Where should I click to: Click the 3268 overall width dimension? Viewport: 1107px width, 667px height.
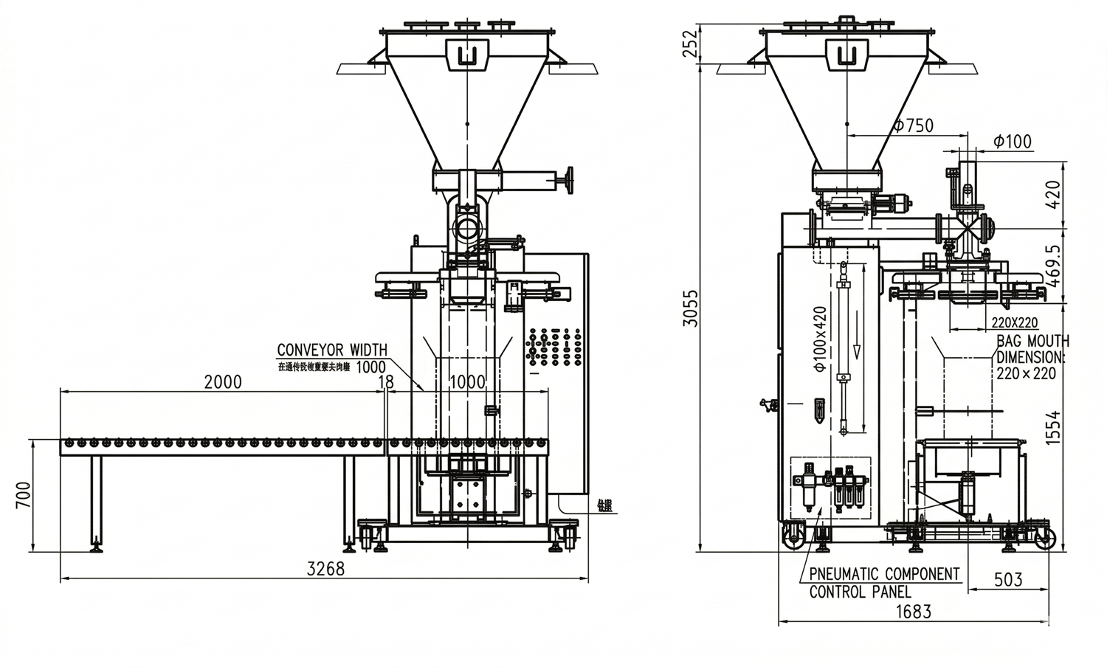pyautogui.click(x=325, y=569)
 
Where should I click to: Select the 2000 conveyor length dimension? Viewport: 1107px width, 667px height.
pyautogui.click(x=222, y=381)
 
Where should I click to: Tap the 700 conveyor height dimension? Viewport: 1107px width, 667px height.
pyautogui.click(x=23, y=496)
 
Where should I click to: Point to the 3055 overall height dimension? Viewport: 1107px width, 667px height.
pyautogui.click(x=689, y=308)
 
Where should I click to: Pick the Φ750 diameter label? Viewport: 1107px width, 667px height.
pyautogui.click(x=913, y=125)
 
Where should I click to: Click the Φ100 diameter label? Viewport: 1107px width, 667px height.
pyautogui.click(x=1013, y=141)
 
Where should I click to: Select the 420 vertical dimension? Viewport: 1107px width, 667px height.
pyautogui.click(x=1053, y=194)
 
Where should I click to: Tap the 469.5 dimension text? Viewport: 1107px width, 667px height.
pyautogui.click(x=1053, y=266)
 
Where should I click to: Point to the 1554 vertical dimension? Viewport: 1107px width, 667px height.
pyautogui.click(x=1053, y=427)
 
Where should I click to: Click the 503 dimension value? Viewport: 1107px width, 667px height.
pyautogui.click(x=1007, y=579)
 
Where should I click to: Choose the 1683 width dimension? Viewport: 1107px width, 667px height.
pyautogui.click(x=913, y=612)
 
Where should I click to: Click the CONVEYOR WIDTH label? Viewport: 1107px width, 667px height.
pyautogui.click(x=331, y=350)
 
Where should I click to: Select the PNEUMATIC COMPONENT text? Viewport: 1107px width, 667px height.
pyautogui.click(x=884, y=574)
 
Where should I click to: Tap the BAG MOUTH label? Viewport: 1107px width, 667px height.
pyautogui.click(x=1032, y=341)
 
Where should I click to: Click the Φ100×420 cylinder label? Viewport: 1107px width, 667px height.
pyautogui.click(x=820, y=339)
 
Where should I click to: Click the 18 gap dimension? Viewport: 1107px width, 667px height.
pyautogui.click(x=385, y=381)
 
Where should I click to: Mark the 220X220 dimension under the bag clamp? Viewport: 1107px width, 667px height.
pyautogui.click(x=1014, y=322)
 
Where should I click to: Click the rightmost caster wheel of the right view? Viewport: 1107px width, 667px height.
pyautogui.click(x=1044, y=538)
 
